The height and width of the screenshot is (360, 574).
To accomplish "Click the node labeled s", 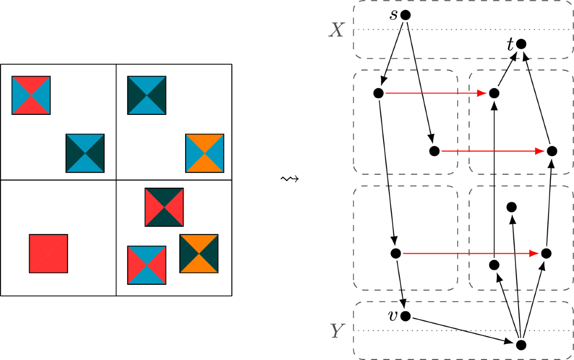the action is pos(405,15).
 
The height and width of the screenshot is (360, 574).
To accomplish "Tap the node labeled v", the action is pos(405,316).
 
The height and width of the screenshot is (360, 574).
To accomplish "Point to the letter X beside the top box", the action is pos(337,31).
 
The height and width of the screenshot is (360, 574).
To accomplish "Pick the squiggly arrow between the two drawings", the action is pos(289,179).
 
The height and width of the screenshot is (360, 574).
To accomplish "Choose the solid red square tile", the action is pos(48,253).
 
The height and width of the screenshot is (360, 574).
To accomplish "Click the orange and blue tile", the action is pos(204,153).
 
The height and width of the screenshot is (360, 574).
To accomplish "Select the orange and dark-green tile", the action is pos(199,253).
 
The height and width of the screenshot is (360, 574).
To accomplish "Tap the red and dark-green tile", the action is pos(164,207).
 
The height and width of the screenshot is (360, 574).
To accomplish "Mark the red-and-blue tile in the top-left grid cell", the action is pos(31,95).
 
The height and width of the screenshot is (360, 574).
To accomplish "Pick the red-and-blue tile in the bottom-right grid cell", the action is pos(147,265).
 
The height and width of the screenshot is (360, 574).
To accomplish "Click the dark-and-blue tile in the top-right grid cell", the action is pos(147,95).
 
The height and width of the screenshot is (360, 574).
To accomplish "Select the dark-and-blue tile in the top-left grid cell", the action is pos(85,153).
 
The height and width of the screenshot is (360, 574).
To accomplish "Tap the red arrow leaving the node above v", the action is pos(469,253).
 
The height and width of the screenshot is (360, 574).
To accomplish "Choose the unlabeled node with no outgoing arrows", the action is pos(511,207).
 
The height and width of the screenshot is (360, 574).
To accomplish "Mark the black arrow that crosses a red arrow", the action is pos(494,191).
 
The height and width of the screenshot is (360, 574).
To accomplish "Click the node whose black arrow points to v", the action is pos(395,253).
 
